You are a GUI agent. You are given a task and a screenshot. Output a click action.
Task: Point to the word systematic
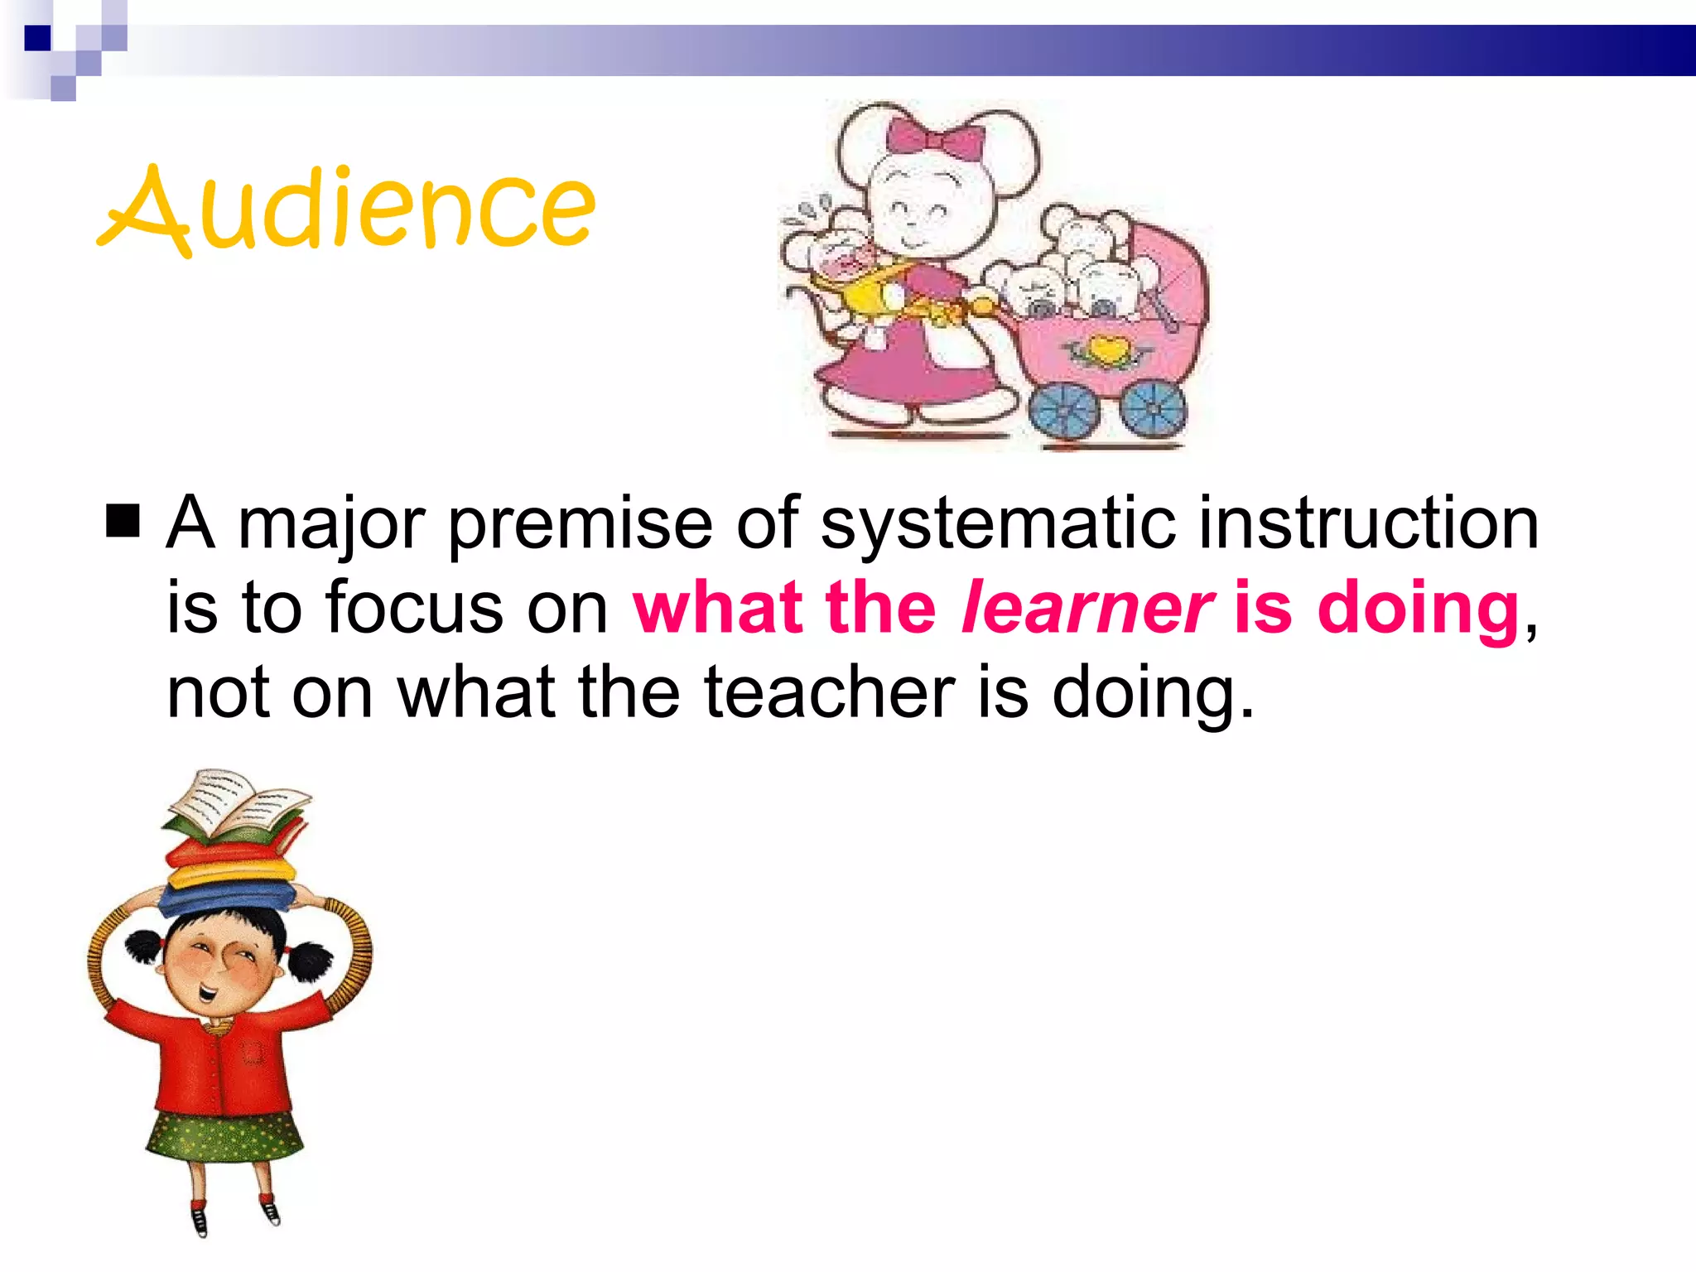[997, 524]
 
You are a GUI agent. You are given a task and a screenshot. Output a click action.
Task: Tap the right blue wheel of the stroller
[1153, 407]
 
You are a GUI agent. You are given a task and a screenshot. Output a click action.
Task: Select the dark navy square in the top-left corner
[37, 38]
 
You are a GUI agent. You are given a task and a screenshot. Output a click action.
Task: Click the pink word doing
[1418, 609]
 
